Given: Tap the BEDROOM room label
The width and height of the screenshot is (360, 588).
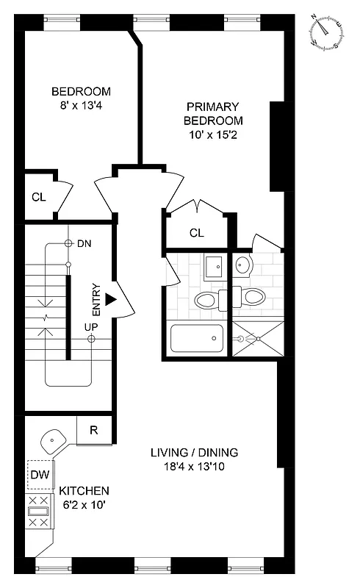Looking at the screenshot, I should (x=81, y=92).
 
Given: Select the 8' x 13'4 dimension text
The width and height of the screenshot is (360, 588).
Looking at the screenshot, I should (x=81, y=106).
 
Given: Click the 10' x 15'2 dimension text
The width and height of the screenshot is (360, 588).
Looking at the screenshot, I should (x=213, y=135).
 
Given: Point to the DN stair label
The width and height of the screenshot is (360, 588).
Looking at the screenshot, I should (x=83, y=243).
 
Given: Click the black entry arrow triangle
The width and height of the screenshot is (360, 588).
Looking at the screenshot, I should (x=109, y=299).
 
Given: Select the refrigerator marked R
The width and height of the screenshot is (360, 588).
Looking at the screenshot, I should (x=94, y=430).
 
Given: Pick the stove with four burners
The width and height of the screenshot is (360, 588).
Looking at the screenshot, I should (x=38, y=510).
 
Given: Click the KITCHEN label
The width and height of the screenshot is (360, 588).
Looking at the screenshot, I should (x=84, y=491).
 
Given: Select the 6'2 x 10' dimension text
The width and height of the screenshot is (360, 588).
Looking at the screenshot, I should (x=84, y=505).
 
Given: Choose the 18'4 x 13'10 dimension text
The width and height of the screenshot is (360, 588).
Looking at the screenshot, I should (x=194, y=466).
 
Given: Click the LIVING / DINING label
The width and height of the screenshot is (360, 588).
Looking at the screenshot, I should (x=194, y=452).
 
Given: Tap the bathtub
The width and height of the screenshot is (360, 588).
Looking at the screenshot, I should (x=196, y=339).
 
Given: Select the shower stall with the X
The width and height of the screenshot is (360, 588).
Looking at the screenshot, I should (x=259, y=338).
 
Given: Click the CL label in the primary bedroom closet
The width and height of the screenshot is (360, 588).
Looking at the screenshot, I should (x=196, y=233).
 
